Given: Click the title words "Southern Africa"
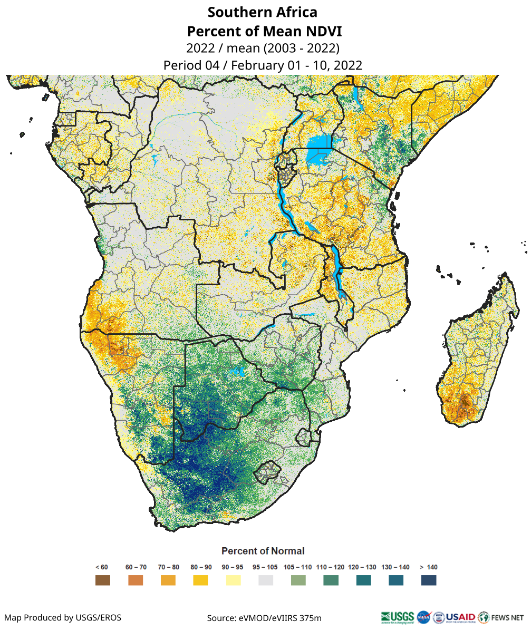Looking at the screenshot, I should (x=263, y=12).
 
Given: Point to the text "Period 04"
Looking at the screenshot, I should (x=189, y=65).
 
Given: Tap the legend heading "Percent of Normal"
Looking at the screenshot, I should (x=263, y=551).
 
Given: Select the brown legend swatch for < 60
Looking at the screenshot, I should (x=103, y=580).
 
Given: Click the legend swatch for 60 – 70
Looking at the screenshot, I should (x=136, y=580).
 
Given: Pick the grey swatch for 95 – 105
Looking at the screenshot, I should (x=266, y=580).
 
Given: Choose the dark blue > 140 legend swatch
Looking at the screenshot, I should (x=429, y=580).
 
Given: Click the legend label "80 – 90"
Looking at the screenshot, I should (x=201, y=567).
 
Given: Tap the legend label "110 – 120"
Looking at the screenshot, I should (x=331, y=567).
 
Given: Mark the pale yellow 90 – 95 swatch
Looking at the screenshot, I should (x=233, y=580).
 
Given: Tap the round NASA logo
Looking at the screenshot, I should (x=423, y=616).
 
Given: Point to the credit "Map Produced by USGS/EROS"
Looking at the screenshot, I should (x=63, y=617).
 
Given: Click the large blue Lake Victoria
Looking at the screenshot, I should (x=318, y=143).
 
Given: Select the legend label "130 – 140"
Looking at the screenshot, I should (x=395, y=567).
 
